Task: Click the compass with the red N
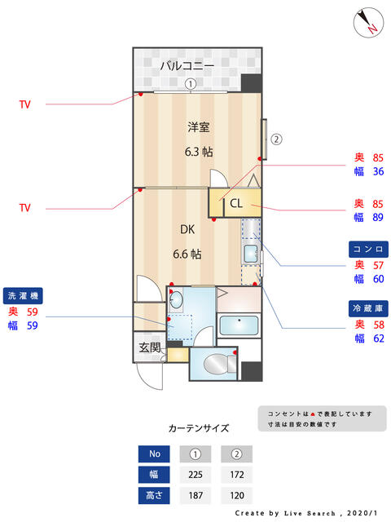click(368, 22)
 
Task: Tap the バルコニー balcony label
click(187, 65)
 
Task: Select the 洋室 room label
click(199, 127)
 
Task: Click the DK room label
click(187, 229)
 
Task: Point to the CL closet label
click(236, 203)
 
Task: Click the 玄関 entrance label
click(150, 347)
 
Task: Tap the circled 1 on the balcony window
click(191, 84)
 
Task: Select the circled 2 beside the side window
click(276, 139)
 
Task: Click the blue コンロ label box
click(368, 250)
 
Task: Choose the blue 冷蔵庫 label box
click(368, 308)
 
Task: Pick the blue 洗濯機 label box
click(23, 295)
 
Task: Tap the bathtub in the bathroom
click(239, 325)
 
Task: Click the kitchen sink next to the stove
click(251, 254)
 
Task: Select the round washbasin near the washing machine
click(176, 300)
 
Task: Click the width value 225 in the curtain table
click(195, 475)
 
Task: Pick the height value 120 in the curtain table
click(237, 495)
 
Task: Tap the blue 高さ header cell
click(154, 495)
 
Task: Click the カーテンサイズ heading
click(199, 428)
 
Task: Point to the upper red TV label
click(25, 104)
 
